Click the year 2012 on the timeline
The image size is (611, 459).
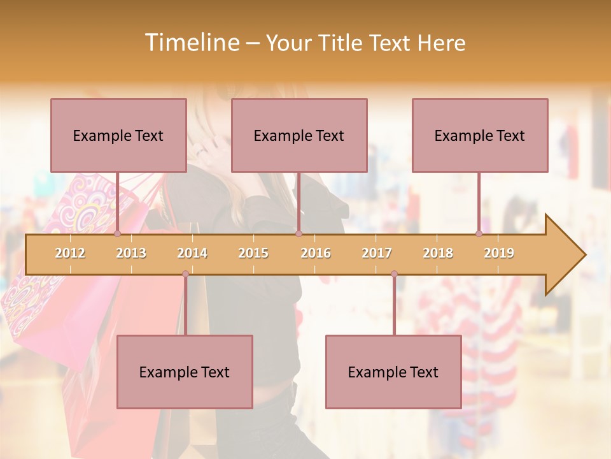[x=70, y=253]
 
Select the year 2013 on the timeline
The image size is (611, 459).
[x=131, y=253]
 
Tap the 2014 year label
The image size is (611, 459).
[x=192, y=253]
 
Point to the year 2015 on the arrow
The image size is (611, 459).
[x=253, y=253]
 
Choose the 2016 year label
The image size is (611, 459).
[x=316, y=253]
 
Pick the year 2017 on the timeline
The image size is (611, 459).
[x=377, y=253]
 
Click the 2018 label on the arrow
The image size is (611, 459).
[x=438, y=253]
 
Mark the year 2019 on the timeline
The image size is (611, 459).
[x=499, y=253]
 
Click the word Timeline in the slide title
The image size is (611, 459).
[x=192, y=43]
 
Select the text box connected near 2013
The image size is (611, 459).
[x=118, y=135]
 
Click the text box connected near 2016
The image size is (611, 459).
[x=299, y=135]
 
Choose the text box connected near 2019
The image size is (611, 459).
[x=480, y=135]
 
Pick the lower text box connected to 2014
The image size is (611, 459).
[x=185, y=372]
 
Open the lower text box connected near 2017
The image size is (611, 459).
[x=393, y=372]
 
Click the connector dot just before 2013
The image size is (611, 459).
[x=117, y=234]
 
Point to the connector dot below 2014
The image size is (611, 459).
[x=185, y=274]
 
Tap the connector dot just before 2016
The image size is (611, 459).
[x=298, y=234]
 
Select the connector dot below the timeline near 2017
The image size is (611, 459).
[x=394, y=274]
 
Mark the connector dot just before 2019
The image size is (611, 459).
[x=479, y=234]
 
